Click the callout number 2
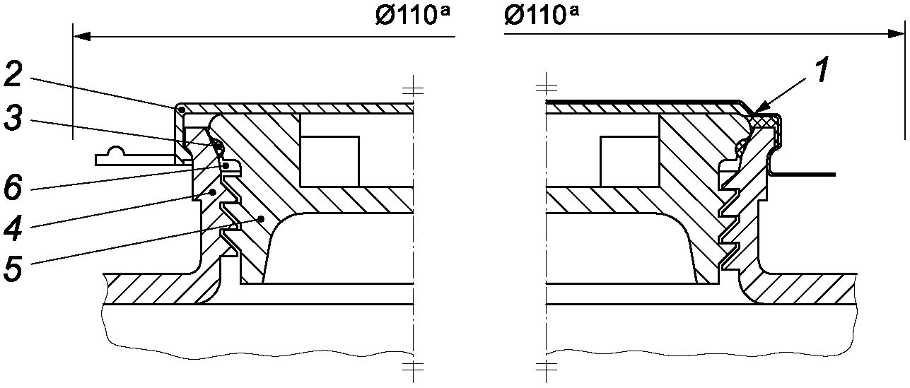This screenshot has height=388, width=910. [13, 75]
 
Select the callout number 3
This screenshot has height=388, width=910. [13, 118]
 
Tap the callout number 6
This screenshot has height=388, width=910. [13, 187]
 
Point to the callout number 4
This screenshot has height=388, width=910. [13, 228]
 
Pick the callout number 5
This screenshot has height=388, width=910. [13, 269]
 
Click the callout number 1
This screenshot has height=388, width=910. [822, 70]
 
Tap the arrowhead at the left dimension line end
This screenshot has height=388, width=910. [81, 37]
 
